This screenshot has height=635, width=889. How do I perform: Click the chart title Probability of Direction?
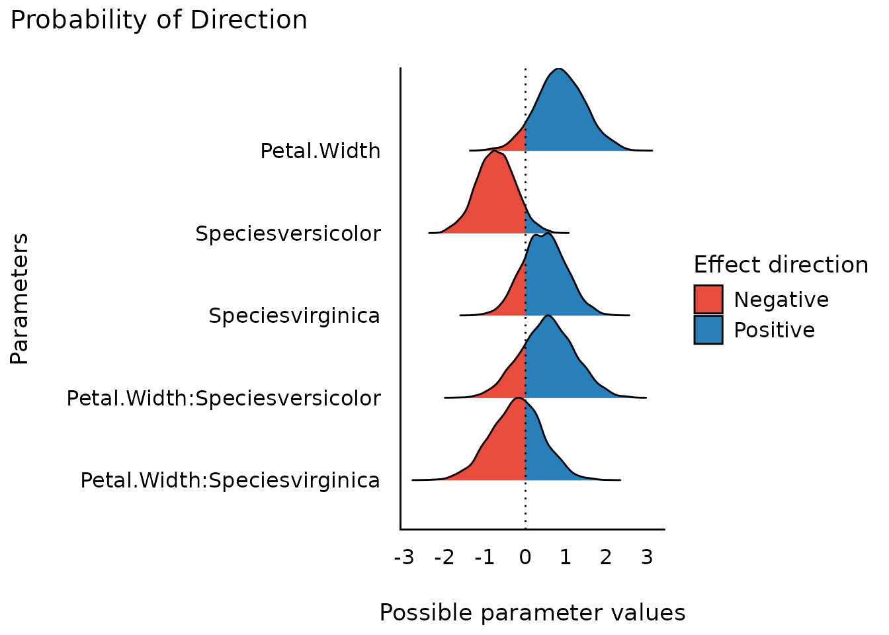click(x=159, y=21)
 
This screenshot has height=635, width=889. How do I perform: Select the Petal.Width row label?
click(x=320, y=151)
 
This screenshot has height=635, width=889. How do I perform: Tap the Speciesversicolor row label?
click(x=288, y=233)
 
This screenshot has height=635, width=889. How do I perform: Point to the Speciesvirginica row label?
click(x=294, y=316)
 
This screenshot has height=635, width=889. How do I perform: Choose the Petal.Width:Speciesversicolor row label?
click(x=224, y=398)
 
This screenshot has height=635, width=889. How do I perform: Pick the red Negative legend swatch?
click(x=708, y=300)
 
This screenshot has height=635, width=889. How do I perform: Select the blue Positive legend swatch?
click(x=708, y=329)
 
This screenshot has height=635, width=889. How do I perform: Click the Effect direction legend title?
click(x=781, y=265)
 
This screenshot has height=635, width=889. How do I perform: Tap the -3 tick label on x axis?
click(x=403, y=558)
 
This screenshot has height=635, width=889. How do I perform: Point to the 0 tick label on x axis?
click(x=525, y=558)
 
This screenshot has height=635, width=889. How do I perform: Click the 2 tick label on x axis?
click(x=606, y=558)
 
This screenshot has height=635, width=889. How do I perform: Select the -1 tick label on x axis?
click(x=484, y=558)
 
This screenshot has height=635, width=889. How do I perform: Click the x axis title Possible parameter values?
click(x=532, y=613)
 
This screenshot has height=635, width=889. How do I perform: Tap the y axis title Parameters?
click(x=20, y=298)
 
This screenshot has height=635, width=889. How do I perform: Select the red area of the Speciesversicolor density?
click(x=493, y=198)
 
